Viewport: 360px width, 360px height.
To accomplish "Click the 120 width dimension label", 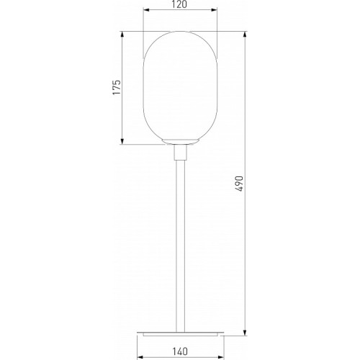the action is click(x=179, y=4).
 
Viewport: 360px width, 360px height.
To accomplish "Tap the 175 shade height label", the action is click(x=117, y=87).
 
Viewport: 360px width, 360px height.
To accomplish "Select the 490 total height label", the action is click(x=239, y=184).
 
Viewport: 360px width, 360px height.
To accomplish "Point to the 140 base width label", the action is click(x=180, y=351).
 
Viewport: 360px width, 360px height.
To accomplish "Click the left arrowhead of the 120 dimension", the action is click(x=146, y=10).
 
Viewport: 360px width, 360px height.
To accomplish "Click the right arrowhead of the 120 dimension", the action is click(x=214, y=10).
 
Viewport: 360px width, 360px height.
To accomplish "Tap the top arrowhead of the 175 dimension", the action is click(x=122, y=35).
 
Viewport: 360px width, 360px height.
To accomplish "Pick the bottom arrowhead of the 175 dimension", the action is click(x=122, y=141).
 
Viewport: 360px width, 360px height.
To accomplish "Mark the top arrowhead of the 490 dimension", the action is click(x=245, y=35).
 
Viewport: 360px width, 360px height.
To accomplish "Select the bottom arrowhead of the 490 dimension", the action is click(x=245, y=333).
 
